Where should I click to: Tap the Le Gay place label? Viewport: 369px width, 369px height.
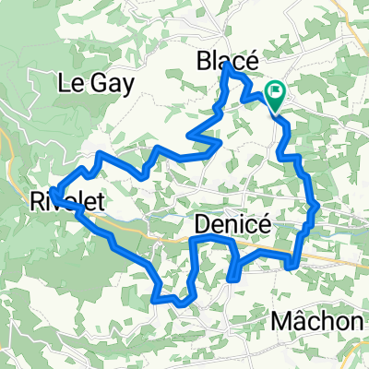96,82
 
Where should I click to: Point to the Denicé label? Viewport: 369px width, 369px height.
231,223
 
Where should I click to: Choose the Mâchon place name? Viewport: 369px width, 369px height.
319,322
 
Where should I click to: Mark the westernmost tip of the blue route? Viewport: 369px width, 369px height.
53,194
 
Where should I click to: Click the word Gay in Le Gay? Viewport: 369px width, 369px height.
112,83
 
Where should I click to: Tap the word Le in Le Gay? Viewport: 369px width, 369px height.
70,82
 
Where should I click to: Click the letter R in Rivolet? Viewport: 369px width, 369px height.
39,200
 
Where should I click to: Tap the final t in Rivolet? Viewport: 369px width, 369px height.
97,200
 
